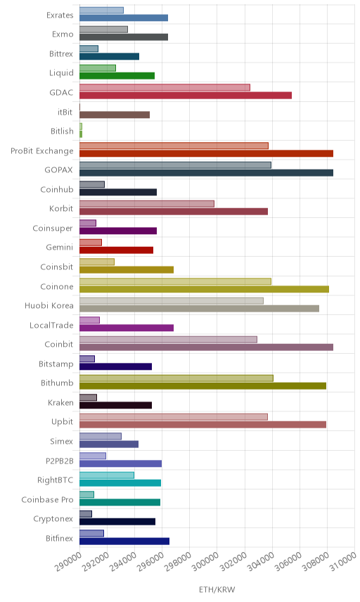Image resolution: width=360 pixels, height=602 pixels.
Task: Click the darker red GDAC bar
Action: tap(186, 95)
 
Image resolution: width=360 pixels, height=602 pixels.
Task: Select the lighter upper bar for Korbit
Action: tap(147, 203)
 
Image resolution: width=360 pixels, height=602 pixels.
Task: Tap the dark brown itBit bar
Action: tap(115, 115)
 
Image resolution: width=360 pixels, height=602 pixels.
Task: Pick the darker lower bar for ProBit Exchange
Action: tap(206, 153)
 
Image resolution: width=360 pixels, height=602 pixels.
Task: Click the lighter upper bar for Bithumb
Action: tap(176, 378)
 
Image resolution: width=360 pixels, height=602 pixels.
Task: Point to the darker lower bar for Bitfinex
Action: tap(124, 541)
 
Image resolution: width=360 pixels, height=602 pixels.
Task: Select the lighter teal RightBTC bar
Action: tap(107, 475)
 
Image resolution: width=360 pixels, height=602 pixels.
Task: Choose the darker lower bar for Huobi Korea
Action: tap(199, 308)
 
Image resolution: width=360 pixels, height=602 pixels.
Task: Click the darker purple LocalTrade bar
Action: tap(127, 328)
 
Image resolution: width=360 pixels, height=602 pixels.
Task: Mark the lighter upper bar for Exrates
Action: tap(101, 10)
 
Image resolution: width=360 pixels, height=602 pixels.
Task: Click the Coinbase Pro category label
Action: tap(47, 499)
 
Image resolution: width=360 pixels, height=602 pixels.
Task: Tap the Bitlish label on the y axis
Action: tap(62, 131)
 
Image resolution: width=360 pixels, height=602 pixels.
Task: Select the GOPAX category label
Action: tap(58, 169)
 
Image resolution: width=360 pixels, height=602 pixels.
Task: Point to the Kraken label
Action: tap(60, 402)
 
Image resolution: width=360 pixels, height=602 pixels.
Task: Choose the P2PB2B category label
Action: tap(59, 461)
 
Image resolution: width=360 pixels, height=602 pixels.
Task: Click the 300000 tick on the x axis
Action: tap(206, 561)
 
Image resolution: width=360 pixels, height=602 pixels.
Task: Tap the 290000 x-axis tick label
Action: tap(68, 561)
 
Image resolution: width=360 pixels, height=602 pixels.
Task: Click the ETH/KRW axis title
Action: tap(217, 590)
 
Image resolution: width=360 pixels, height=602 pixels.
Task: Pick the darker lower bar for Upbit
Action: tap(202, 425)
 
